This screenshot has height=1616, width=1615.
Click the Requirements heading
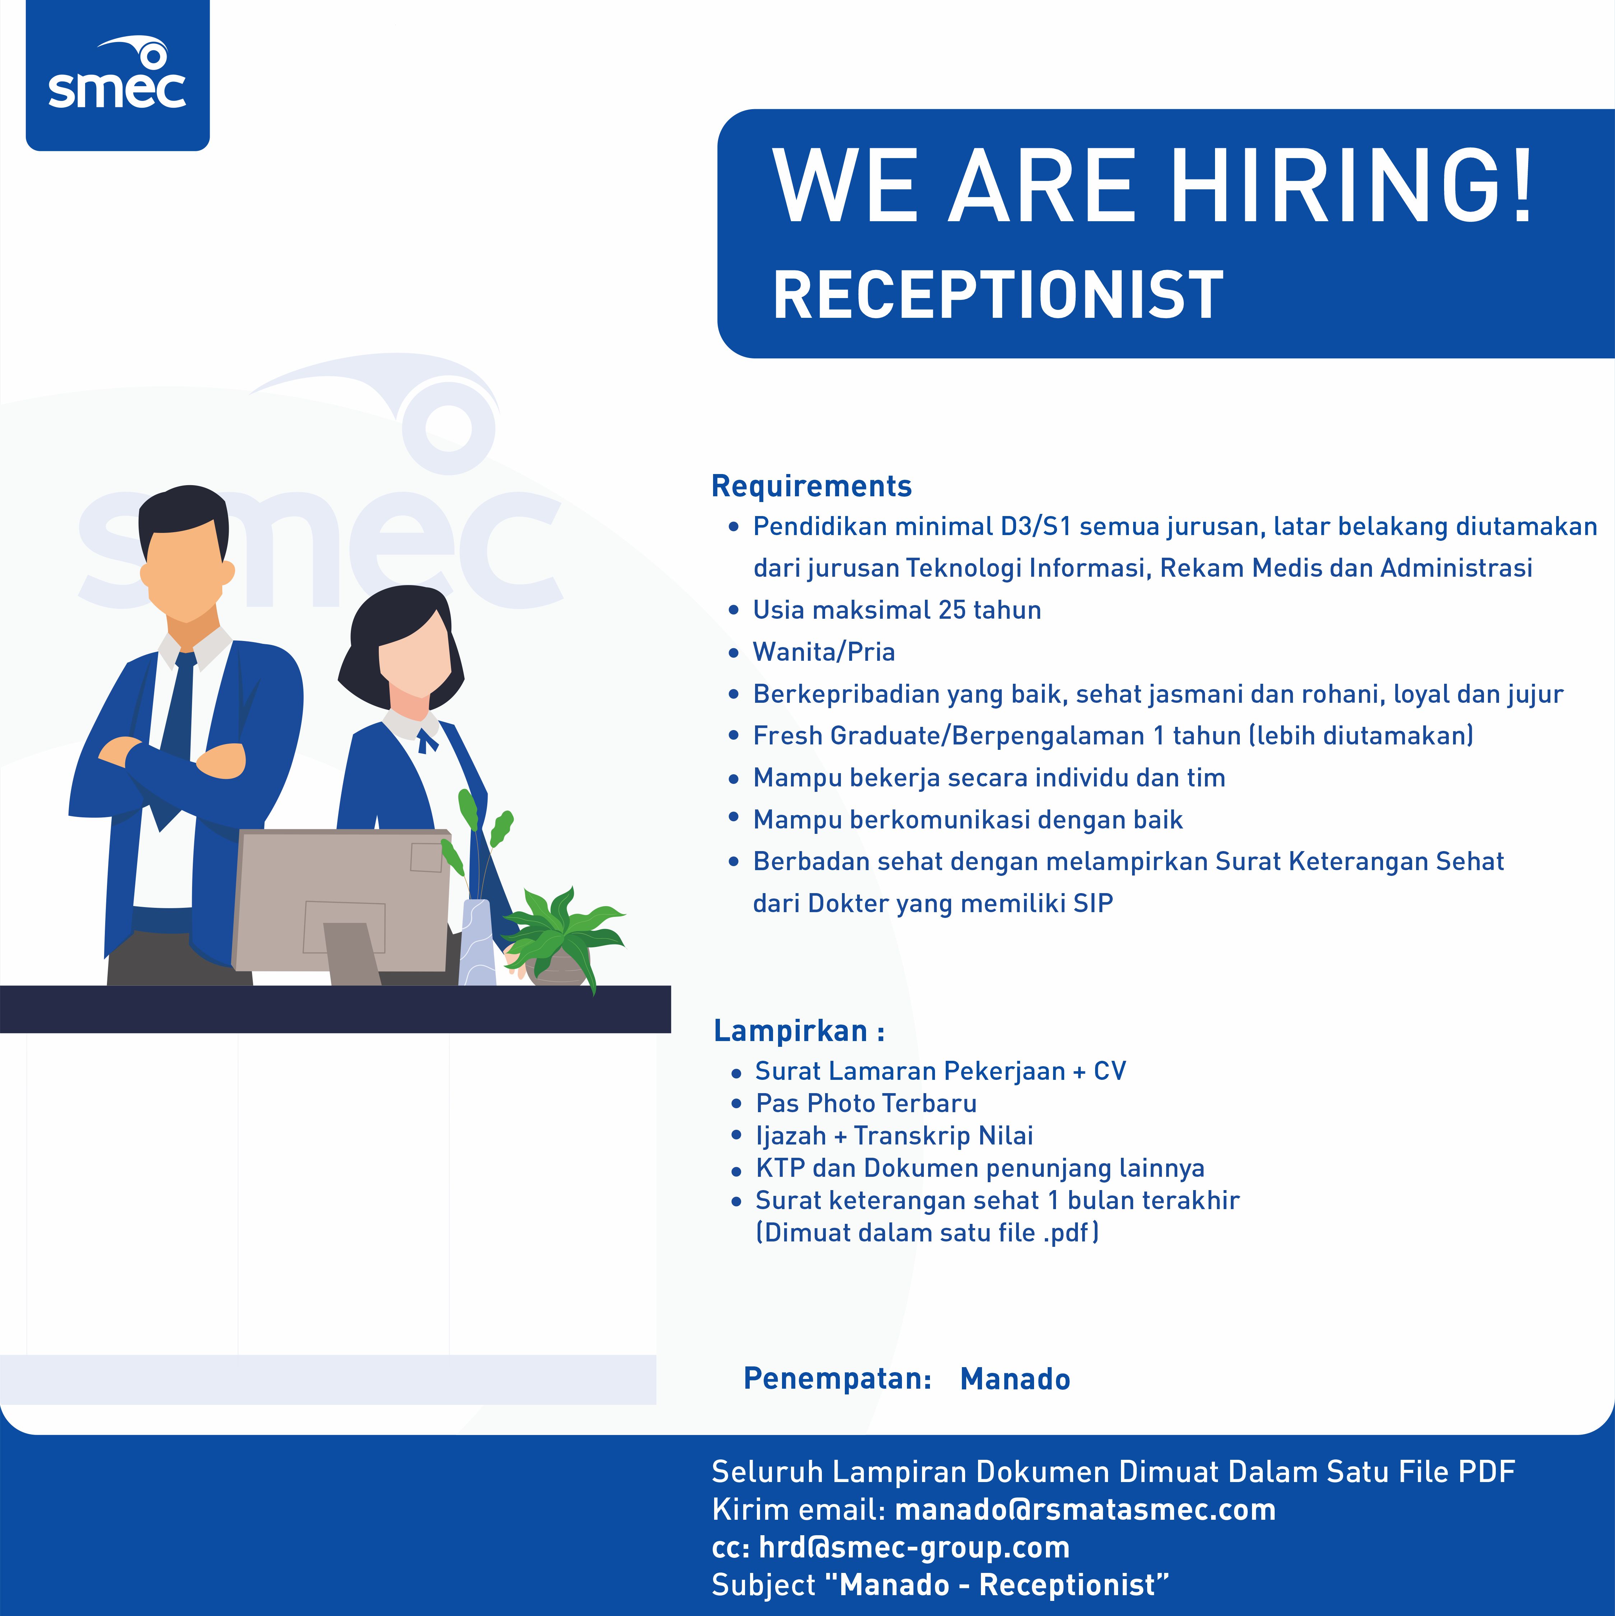(x=811, y=486)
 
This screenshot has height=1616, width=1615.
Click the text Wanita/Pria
(x=824, y=651)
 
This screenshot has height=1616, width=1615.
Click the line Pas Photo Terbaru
(x=866, y=1103)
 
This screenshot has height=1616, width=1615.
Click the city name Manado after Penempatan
(x=1015, y=1379)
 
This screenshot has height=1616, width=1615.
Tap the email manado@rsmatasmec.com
(x=1085, y=1510)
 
